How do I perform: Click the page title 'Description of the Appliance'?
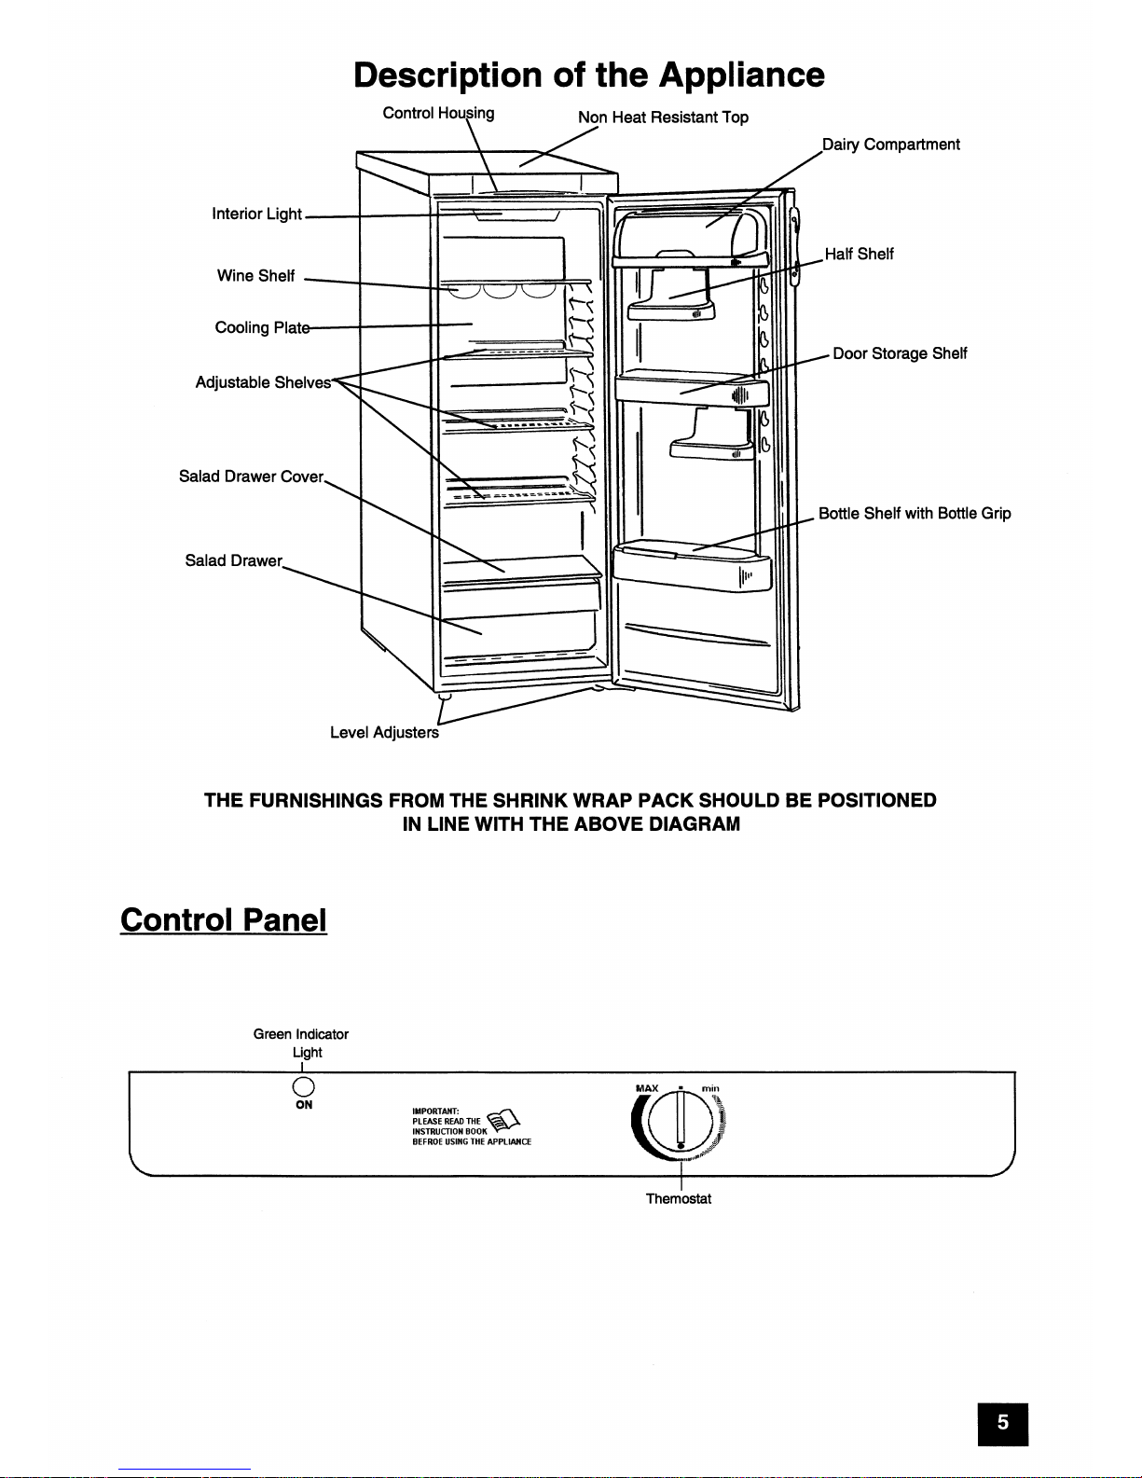pyautogui.click(x=589, y=75)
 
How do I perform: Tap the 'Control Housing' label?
pyautogui.click(x=438, y=114)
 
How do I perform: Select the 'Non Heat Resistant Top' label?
pyautogui.click(x=663, y=117)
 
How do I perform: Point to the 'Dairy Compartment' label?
pyautogui.click(x=890, y=145)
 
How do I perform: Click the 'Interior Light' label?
pyautogui.click(x=256, y=214)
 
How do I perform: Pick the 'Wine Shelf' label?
pyautogui.click(x=255, y=276)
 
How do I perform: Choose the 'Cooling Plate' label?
pyautogui.click(x=261, y=328)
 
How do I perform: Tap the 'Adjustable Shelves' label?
pyautogui.click(x=263, y=382)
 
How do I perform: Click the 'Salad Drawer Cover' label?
pyautogui.click(x=251, y=477)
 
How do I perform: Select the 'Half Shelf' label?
pyautogui.click(x=859, y=254)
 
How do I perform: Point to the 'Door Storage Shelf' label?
pyautogui.click(x=900, y=353)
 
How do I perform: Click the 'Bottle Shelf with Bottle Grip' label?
pyautogui.click(x=915, y=514)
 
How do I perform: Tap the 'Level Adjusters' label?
pyautogui.click(x=384, y=733)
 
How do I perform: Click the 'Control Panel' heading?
pyautogui.click(x=224, y=920)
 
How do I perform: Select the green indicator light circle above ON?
pyautogui.click(x=303, y=1086)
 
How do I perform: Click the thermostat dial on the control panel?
pyautogui.click(x=681, y=1123)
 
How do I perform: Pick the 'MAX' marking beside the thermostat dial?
pyautogui.click(x=647, y=1088)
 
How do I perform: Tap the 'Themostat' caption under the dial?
pyautogui.click(x=679, y=1199)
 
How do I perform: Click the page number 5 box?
pyautogui.click(x=1002, y=1423)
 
